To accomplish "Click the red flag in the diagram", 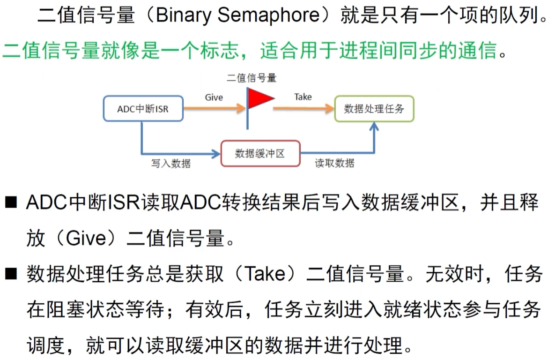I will [259, 99].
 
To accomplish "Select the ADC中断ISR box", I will [143, 109].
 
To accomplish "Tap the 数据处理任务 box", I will [374, 109].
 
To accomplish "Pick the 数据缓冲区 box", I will [260, 153].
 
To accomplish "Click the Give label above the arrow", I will [214, 97].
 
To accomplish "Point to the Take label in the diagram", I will [303, 97].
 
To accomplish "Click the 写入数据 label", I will [171, 164].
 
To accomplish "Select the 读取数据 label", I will [334, 164].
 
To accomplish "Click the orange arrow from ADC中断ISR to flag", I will [214, 108].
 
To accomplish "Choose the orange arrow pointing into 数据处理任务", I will [303, 109].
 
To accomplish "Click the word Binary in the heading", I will [184, 16].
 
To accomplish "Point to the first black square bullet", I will [11, 203].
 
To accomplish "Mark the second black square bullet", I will [11, 273].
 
